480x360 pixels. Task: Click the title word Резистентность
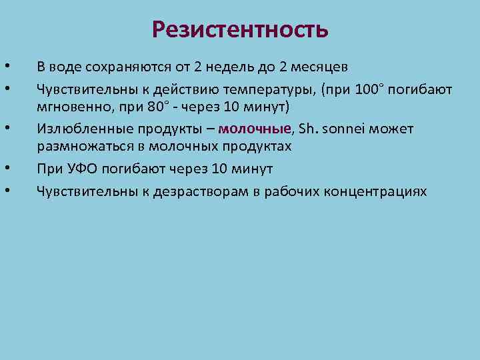[240, 29]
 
